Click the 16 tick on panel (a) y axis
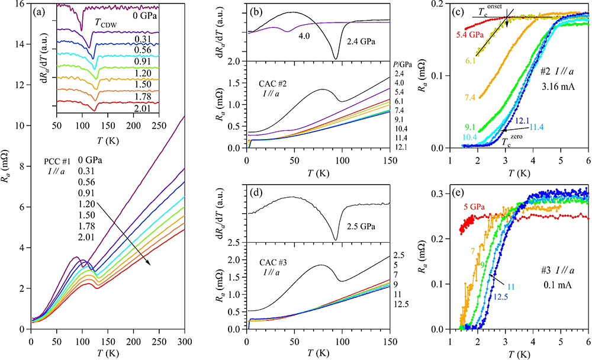20,5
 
